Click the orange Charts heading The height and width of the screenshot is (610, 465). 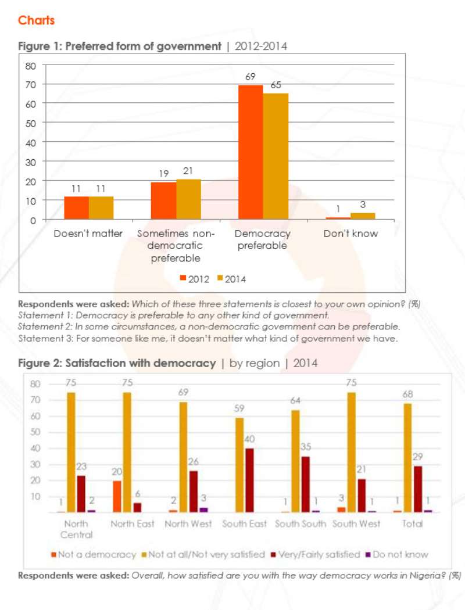[36, 20]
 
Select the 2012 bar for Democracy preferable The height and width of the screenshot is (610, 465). [251, 152]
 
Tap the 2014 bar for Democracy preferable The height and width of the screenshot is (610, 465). [276, 156]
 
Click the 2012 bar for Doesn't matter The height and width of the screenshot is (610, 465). [77, 208]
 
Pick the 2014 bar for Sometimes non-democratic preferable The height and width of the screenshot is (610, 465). [189, 199]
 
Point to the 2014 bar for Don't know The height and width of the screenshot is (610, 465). [363, 216]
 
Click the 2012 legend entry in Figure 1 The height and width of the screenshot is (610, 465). [195, 279]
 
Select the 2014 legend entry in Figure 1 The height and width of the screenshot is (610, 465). [231, 279]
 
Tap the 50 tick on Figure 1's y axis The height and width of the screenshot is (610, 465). [31, 123]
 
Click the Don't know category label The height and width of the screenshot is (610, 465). [350, 234]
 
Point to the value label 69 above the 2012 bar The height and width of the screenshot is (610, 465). [250, 77]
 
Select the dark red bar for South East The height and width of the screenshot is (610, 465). [249, 480]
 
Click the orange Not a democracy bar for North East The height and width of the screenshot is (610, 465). [117, 496]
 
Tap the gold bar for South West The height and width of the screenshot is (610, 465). [352, 453]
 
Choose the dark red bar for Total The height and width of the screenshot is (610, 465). [417, 489]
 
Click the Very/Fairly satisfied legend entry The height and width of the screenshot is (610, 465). [315, 554]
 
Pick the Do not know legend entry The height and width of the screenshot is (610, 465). [396, 554]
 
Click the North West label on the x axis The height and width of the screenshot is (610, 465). [188, 524]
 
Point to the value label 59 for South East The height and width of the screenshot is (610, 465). [239, 408]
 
